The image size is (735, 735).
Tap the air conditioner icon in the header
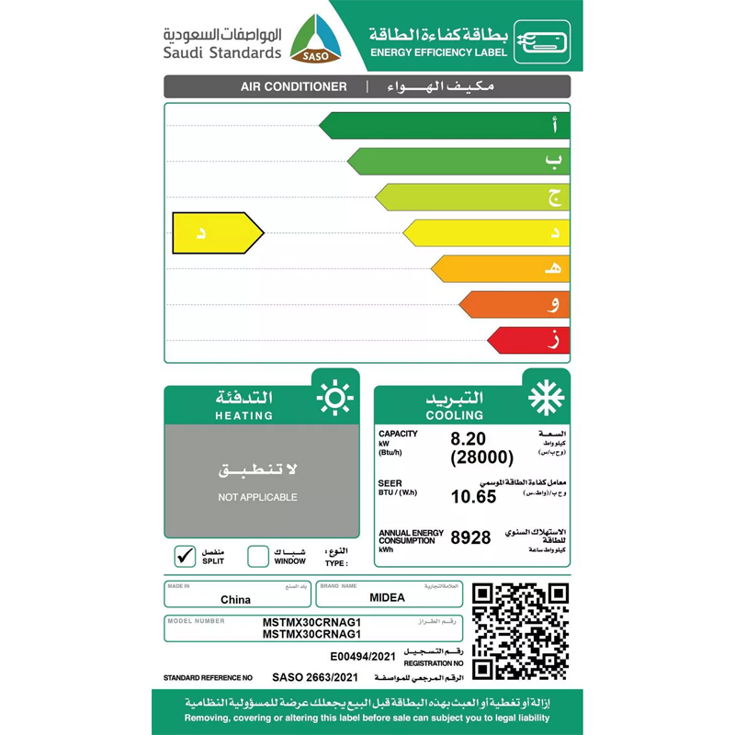[x=541, y=41]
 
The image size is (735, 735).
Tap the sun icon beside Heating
[x=334, y=398]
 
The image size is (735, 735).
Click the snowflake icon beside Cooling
[x=546, y=398]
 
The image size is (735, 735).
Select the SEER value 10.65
[x=473, y=497]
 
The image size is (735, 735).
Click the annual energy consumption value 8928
[x=470, y=537]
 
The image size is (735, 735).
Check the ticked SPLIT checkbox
[x=185, y=556]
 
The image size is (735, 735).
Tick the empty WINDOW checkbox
[x=258, y=556]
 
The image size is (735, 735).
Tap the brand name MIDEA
[x=387, y=598]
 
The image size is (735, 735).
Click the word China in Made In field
[x=235, y=600]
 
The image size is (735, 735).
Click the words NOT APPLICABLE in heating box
[x=257, y=497]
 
